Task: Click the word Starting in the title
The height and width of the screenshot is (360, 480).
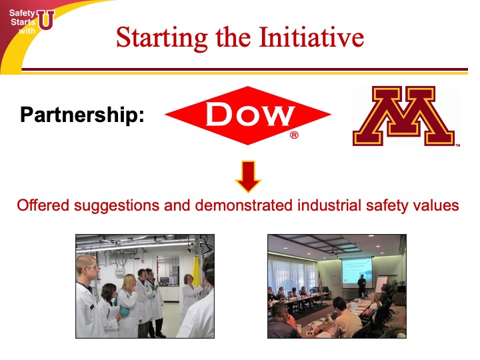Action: pyautogui.click(x=162, y=38)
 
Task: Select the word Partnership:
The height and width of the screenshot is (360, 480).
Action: pyautogui.click(x=82, y=115)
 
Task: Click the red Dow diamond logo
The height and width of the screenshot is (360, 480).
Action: pyautogui.click(x=247, y=115)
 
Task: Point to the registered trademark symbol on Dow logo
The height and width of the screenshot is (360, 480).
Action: pyautogui.click(x=294, y=135)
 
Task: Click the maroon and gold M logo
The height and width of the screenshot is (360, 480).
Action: pyautogui.click(x=404, y=116)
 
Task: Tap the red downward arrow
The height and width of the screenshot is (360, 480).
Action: pyautogui.click(x=248, y=177)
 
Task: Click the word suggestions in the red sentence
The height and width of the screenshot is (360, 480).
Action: pyautogui.click(x=116, y=206)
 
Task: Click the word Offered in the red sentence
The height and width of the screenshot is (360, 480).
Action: pyautogui.click(x=43, y=205)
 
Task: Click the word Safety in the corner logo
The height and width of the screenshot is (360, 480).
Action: pyautogui.click(x=22, y=13)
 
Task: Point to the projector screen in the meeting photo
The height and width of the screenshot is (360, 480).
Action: pyautogui.click(x=357, y=273)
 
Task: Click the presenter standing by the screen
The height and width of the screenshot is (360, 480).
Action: pyautogui.click(x=362, y=285)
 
